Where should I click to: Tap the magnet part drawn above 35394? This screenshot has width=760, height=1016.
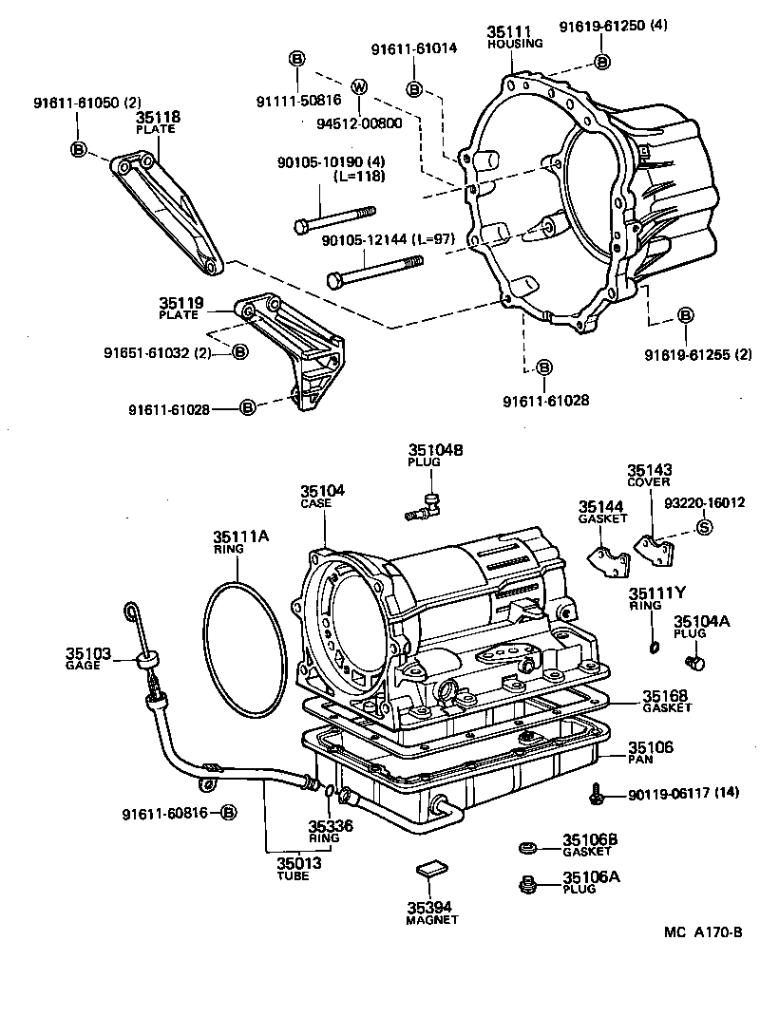[x=431, y=868]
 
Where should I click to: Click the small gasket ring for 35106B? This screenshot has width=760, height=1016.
[x=528, y=846]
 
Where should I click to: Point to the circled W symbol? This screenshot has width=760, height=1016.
[x=358, y=87]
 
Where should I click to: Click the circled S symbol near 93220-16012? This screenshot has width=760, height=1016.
[x=704, y=528]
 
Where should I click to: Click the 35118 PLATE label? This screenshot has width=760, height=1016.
[x=159, y=122]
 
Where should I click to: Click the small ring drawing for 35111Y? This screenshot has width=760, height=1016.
[x=651, y=647]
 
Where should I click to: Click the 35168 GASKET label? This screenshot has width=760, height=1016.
[x=666, y=701]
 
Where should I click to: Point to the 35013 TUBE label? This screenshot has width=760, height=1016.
[x=299, y=868]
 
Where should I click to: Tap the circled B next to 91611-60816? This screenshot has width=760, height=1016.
[x=228, y=813]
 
